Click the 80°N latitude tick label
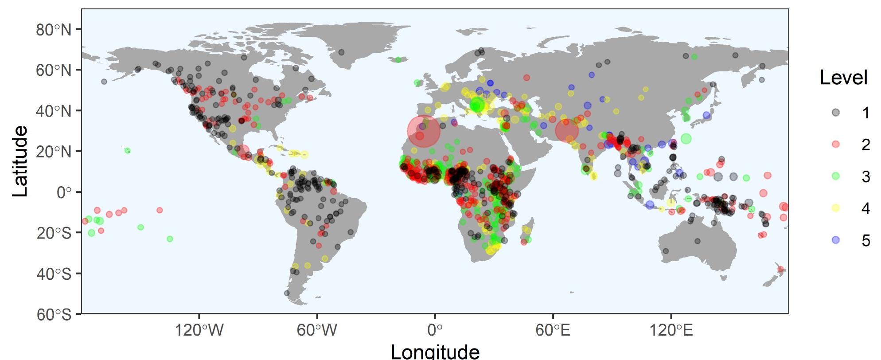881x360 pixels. (53, 30)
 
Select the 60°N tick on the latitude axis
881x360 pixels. (53, 70)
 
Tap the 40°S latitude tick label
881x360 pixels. (53, 274)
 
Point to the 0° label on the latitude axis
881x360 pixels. (63, 192)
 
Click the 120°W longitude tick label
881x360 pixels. (199, 330)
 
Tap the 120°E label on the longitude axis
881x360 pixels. (671, 330)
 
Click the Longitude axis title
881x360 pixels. (435, 351)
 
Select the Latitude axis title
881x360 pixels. (20, 161)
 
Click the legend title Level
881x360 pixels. (843, 78)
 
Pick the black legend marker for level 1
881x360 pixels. (835, 113)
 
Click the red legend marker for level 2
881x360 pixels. (835, 145)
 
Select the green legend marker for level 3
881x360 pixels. (835, 176)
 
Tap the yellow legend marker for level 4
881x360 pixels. (835, 208)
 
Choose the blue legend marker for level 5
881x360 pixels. (835, 240)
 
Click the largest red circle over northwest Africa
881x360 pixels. (424, 131)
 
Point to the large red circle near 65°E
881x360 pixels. (567, 131)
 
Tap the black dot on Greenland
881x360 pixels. (341, 52)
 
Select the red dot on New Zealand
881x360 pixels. (780, 269)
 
